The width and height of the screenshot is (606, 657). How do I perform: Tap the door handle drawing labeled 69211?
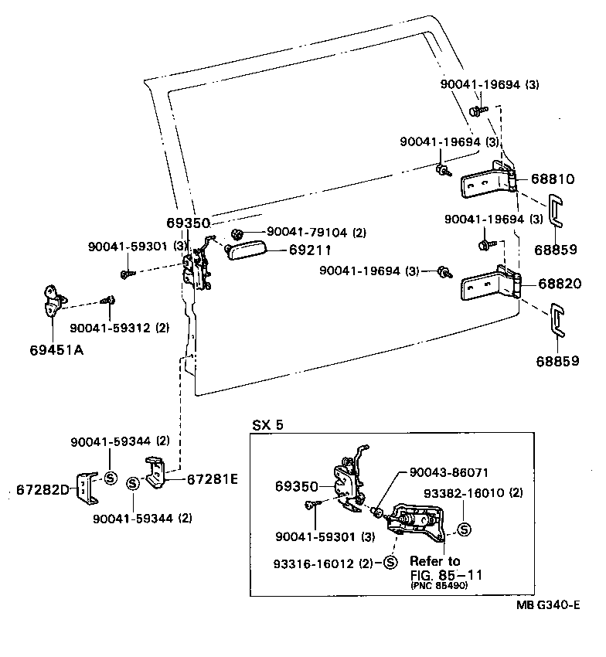click(246, 250)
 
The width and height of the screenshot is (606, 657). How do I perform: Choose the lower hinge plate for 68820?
click(485, 287)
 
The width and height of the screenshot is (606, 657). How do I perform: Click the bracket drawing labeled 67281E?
click(157, 473)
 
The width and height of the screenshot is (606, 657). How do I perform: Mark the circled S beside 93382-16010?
click(465, 529)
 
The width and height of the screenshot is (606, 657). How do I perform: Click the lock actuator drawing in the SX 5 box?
click(417, 519)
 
